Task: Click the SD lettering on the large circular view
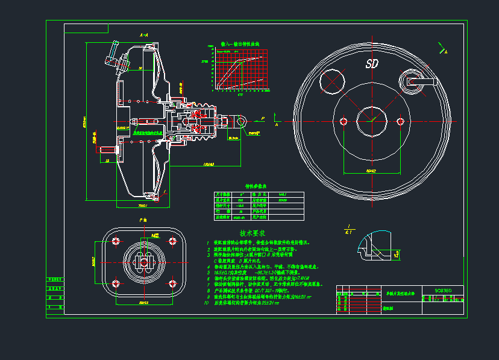pyautogui.click(x=372, y=64)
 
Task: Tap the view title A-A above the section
pyautogui.click(x=144, y=36)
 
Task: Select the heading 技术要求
pyautogui.click(x=253, y=233)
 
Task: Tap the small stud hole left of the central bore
pyautogui.click(x=344, y=121)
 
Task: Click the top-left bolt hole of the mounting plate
pyautogui.click(x=117, y=241)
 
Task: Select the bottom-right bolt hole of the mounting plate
pyautogui.click(x=173, y=283)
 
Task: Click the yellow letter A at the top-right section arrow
pyautogui.click(x=446, y=52)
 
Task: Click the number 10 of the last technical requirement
pyautogui.click(x=207, y=303)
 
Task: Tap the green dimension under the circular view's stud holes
pyautogui.click(x=371, y=171)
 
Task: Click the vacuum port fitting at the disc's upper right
pyautogui.click(x=414, y=80)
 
